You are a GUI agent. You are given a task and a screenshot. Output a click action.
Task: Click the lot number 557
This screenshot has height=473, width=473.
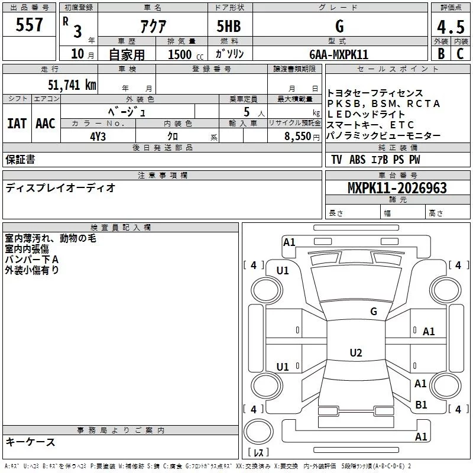tap(30, 24)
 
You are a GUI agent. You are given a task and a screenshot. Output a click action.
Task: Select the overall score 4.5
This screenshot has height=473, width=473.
tap(450, 27)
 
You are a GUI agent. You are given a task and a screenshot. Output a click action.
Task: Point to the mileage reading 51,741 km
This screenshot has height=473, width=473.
tap(70, 85)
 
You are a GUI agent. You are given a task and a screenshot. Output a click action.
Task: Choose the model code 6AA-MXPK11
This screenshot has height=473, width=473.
tap(339, 54)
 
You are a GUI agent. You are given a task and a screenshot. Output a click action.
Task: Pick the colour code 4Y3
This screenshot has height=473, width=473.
tap(98, 136)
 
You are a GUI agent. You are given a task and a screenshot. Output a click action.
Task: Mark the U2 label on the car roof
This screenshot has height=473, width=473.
tap(355, 353)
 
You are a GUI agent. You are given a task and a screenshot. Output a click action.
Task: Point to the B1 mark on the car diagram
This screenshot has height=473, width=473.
tap(421, 404)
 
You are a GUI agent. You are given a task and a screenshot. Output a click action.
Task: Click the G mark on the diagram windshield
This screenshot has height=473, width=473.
tap(373, 311)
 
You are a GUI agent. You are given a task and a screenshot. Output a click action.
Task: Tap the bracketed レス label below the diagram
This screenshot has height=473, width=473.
tap(258, 453)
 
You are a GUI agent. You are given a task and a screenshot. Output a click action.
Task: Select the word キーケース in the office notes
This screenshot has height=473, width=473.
tap(30, 442)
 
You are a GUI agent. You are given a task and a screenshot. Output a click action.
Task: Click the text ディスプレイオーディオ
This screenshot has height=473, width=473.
tap(60, 188)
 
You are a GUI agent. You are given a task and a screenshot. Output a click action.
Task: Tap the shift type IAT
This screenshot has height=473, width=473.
tap(17, 124)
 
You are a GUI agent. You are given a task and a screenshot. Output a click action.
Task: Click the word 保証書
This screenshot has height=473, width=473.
tap(20, 160)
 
